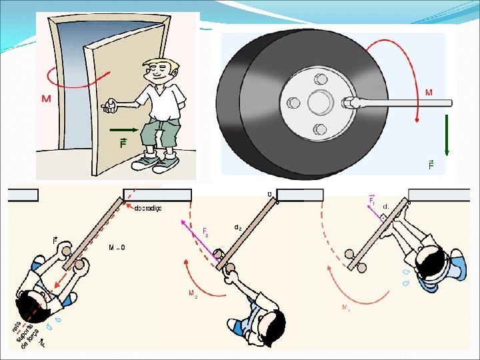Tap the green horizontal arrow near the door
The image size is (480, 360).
click(x=125, y=130)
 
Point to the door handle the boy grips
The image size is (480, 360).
click(x=107, y=105)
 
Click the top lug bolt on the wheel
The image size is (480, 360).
click(x=321, y=78)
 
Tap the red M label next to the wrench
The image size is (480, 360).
click(x=429, y=93)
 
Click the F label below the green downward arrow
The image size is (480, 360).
click(x=431, y=165)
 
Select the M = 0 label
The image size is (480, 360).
click(x=116, y=247)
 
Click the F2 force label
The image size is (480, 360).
click(x=205, y=231)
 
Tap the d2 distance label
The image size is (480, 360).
click(x=237, y=227)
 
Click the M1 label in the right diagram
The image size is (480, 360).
click(x=345, y=308)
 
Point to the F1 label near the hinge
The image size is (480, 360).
click(x=372, y=199)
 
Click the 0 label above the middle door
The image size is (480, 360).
click(x=269, y=195)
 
